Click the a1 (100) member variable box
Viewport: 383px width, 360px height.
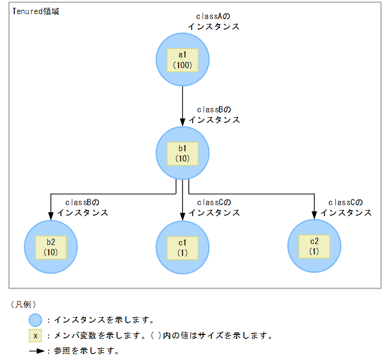[x=182, y=60]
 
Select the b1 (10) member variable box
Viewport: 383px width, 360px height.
[x=182, y=153]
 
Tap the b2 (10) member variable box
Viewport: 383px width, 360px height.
[x=51, y=247]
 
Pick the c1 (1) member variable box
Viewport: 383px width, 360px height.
[x=182, y=247]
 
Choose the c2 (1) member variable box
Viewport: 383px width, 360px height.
[x=314, y=246]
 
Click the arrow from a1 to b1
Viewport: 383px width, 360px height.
[x=182, y=106]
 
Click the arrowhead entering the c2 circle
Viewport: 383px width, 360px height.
[x=314, y=214]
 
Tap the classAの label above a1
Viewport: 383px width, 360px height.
[x=213, y=17]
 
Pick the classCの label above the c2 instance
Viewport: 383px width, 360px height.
[x=345, y=202]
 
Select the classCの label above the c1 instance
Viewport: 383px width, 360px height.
[x=213, y=202]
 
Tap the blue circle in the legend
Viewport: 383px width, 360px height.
[x=36, y=320]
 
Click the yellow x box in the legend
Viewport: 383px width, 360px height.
[x=36, y=336]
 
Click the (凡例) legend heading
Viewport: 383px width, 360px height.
[x=24, y=305]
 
